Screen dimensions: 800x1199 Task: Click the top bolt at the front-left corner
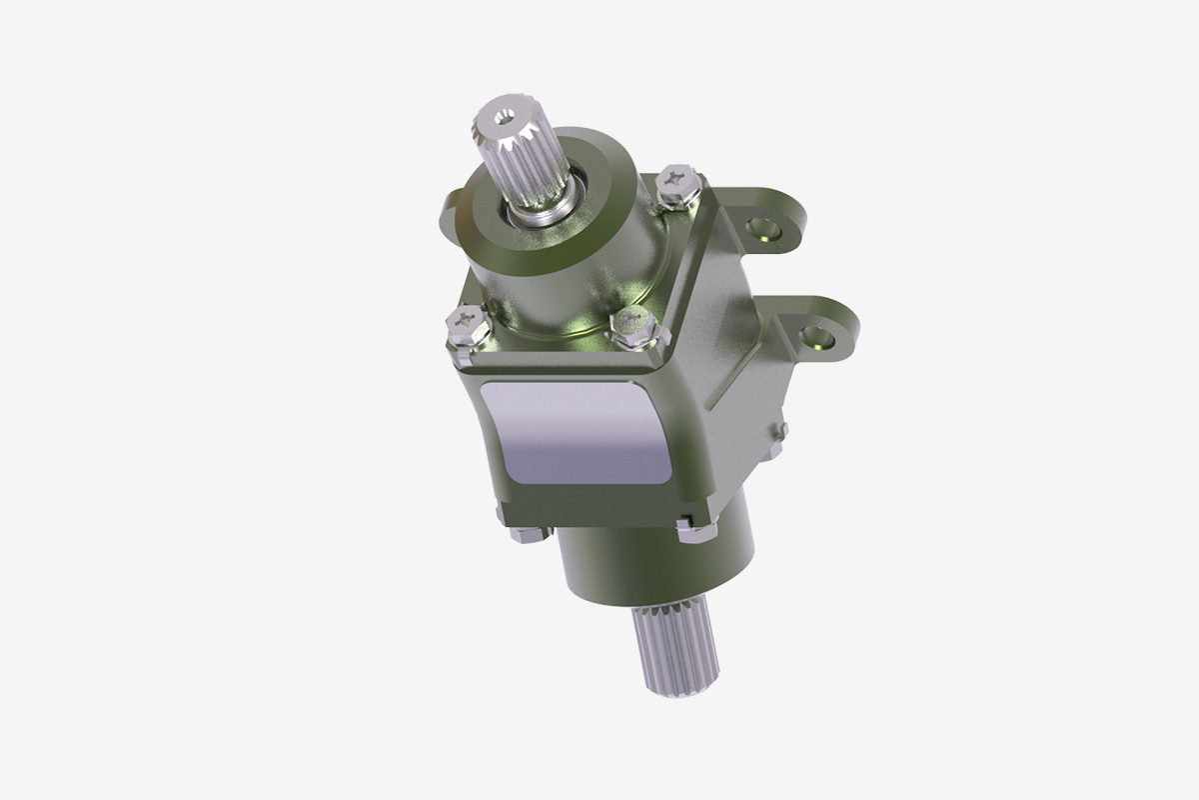[x=465, y=327]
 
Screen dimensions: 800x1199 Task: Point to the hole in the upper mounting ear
[x=768, y=230]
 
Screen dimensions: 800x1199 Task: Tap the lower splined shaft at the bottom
[x=671, y=650]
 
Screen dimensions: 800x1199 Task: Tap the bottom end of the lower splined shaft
[x=674, y=690]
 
